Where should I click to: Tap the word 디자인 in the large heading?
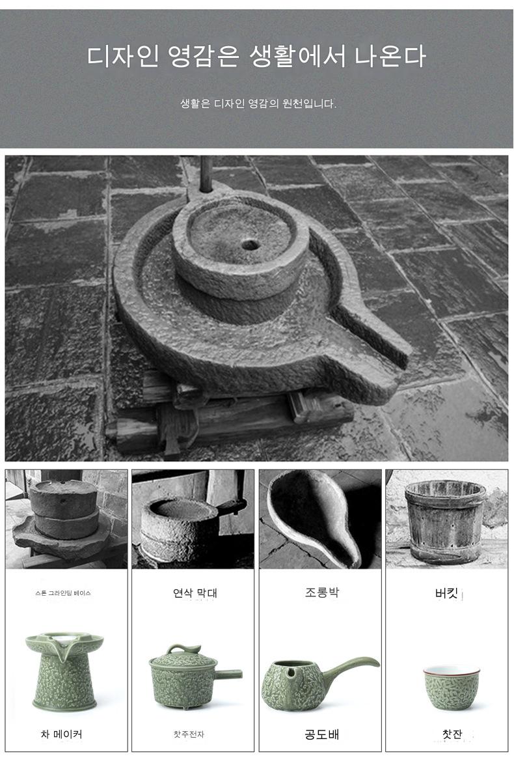(x=123, y=55)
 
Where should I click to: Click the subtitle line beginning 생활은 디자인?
(x=258, y=104)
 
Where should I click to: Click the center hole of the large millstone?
(x=250, y=244)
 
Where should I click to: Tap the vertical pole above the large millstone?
(x=206, y=173)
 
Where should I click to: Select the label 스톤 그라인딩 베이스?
(x=63, y=593)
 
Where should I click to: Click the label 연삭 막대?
(x=195, y=593)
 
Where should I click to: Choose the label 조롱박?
(x=322, y=592)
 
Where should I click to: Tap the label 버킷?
(x=446, y=593)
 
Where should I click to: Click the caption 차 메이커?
(x=61, y=734)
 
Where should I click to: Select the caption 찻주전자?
(x=189, y=734)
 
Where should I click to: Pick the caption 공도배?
(x=322, y=734)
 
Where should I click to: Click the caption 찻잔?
(x=452, y=734)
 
